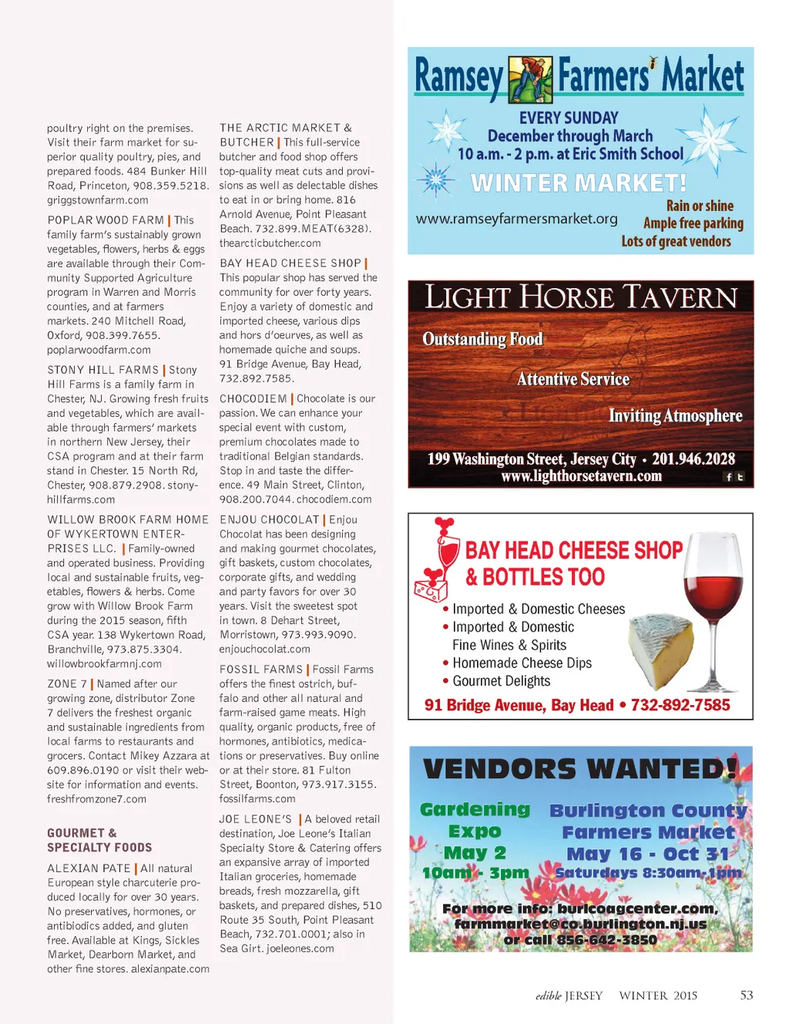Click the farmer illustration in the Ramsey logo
tap(530, 79)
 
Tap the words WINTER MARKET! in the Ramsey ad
tap(579, 183)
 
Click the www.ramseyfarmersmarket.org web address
tap(516, 219)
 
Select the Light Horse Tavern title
tap(581, 297)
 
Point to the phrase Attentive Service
tap(573, 379)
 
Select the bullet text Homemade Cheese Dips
tap(522, 663)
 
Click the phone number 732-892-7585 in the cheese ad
tap(680, 705)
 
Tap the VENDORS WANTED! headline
tap(580, 768)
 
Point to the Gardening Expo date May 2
tap(475, 853)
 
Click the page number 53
tap(746, 995)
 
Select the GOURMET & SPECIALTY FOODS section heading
tap(99, 840)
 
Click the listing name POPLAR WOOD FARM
tap(106, 220)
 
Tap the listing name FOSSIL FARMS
tap(261, 670)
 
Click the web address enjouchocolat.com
tap(264, 650)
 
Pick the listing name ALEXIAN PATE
tap(89, 868)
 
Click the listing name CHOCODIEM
tap(253, 399)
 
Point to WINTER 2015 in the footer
tap(658, 995)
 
